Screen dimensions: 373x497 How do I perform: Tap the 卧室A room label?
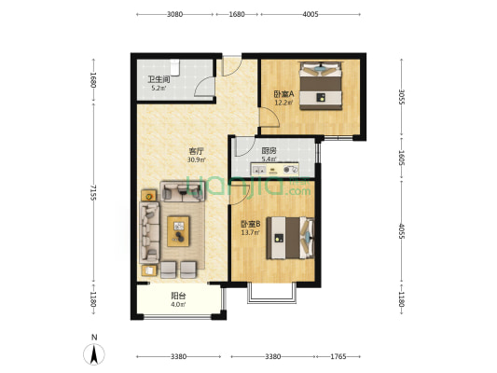point(283,93)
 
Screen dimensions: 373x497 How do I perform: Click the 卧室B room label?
point(250,224)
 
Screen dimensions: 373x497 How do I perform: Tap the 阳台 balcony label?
point(177,296)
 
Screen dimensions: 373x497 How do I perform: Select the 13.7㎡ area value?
point(250,232)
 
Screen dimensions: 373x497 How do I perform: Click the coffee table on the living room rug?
point(178,228)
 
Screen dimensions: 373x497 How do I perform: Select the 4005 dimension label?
point(311,14)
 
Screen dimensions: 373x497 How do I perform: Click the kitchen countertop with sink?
point(275,171)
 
